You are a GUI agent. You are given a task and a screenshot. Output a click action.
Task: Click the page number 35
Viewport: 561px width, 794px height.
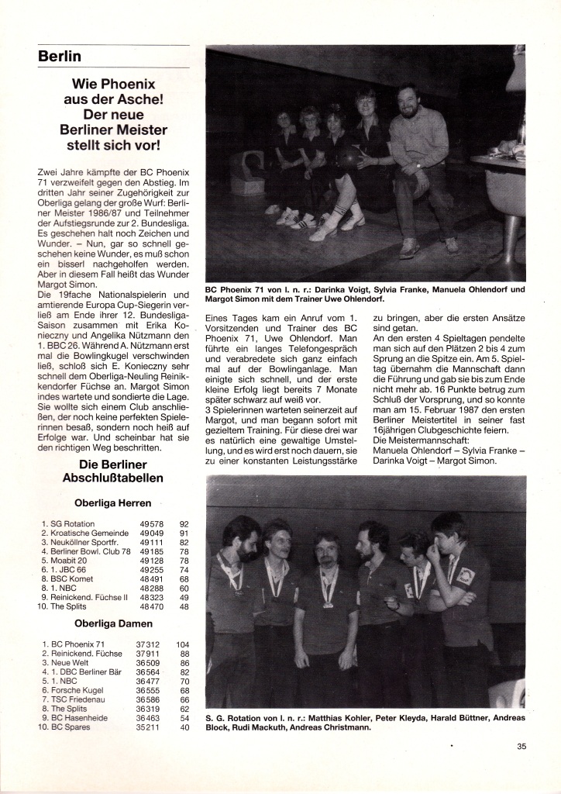521,747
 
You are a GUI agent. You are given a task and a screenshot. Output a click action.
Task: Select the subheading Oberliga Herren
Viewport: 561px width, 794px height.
113,502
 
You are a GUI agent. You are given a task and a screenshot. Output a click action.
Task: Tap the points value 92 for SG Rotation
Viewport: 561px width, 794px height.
184,524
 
